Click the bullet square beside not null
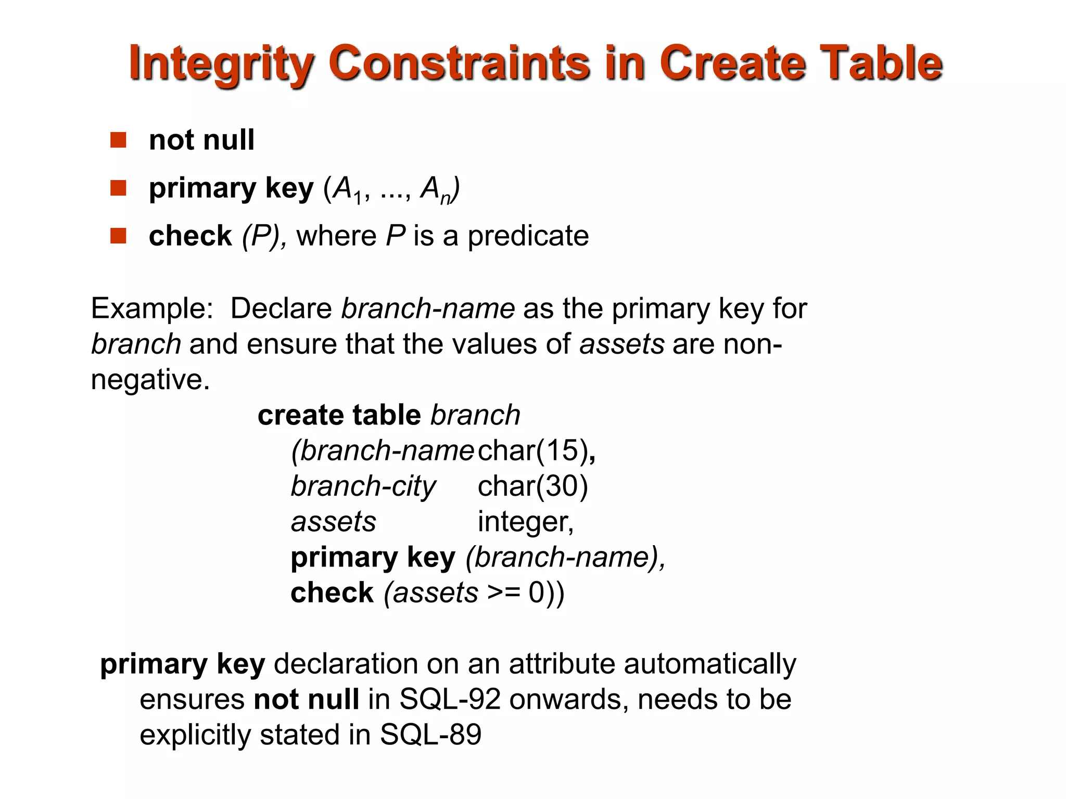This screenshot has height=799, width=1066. click(118, 140)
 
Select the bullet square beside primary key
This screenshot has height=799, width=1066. click(118, 188)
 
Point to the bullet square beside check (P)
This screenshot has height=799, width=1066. click(118, 236)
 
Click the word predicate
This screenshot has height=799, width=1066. click(528, 237)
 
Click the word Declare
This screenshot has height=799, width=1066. click(281, 308)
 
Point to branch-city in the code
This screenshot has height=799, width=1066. click(363, 486)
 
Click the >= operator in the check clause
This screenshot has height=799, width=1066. click(504, 592)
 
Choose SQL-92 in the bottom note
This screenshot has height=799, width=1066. click(450, 699)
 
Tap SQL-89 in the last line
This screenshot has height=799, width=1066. click(430, 734)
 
